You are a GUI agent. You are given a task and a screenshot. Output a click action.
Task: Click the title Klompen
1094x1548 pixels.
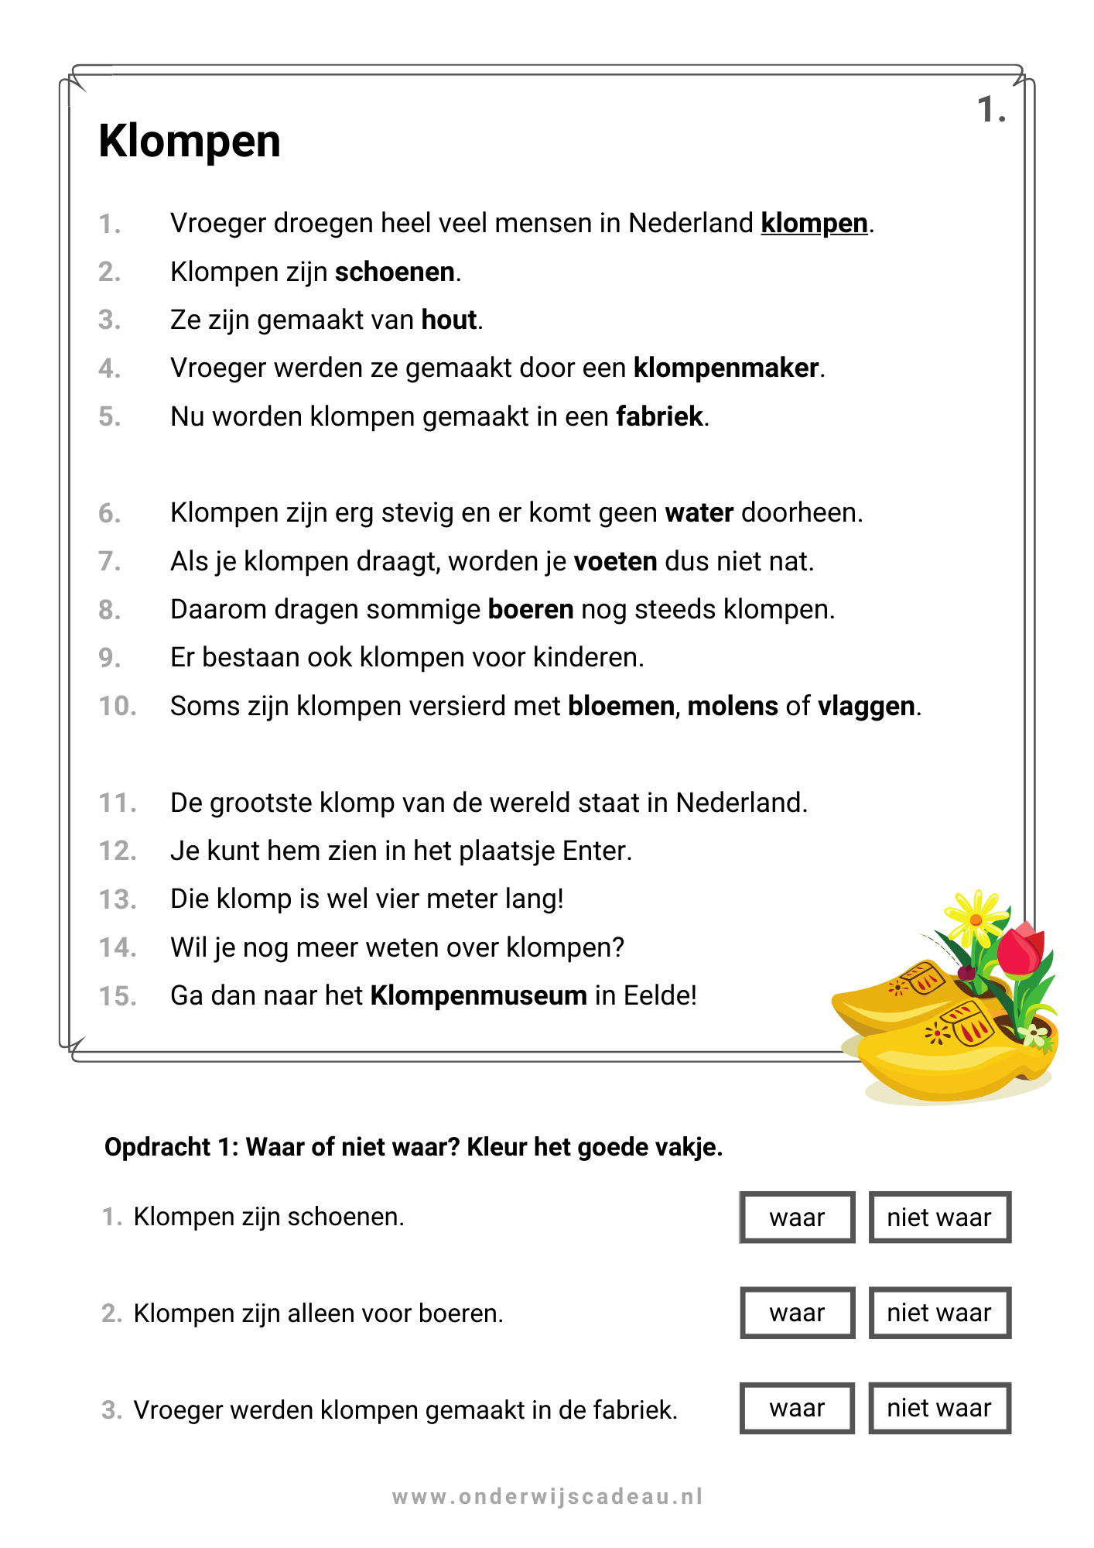190,142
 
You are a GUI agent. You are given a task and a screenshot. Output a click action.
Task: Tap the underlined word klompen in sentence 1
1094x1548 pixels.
814,224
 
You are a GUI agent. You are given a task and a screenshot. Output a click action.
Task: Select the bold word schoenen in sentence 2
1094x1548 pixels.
395,272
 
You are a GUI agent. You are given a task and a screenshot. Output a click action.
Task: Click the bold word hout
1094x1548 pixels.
449,320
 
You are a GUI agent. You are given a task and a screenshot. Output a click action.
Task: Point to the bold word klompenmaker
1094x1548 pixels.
726,368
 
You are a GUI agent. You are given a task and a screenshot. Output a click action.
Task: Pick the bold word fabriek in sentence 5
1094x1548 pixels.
659,417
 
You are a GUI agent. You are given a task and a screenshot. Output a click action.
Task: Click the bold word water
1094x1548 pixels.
699,513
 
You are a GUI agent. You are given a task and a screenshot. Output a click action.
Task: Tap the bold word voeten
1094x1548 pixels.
615,562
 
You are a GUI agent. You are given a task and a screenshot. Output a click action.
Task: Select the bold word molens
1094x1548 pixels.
733,707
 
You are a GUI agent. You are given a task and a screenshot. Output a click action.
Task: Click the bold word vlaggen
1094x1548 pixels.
867,707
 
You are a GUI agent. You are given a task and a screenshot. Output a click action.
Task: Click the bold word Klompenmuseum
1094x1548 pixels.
479,996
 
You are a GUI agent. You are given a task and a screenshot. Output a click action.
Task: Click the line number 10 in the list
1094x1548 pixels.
118,707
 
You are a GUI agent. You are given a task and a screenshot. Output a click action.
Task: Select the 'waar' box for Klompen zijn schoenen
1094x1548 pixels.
797,1218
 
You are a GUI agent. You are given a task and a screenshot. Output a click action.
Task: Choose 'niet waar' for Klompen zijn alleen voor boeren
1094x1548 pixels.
939,1313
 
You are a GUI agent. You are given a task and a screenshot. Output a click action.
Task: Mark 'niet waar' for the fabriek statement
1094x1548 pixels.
939,1409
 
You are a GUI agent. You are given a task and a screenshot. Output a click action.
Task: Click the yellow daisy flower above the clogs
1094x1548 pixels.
976,919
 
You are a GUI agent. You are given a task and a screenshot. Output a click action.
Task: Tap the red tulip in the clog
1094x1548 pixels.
1020,951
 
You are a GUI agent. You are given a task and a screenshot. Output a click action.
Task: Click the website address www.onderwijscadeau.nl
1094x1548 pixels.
547,1497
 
